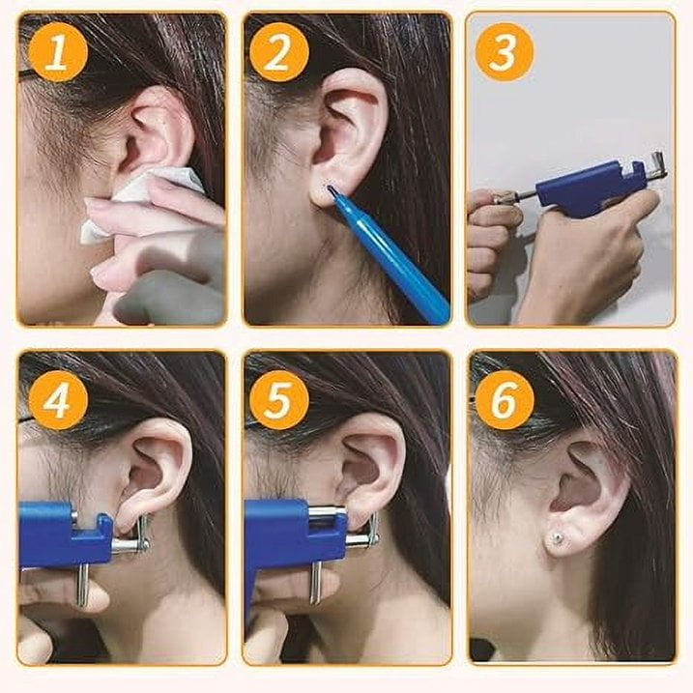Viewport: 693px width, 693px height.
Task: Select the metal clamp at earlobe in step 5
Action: coord(362,527)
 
